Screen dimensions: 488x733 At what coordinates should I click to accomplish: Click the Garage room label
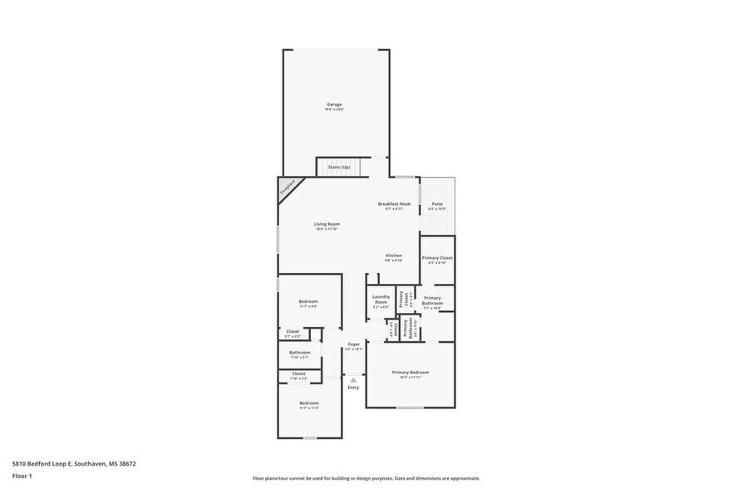[x=334, y=105]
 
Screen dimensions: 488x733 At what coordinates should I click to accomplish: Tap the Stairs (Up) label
[x=338, y=168]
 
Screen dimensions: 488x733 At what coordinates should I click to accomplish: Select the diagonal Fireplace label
[x=288, y=188]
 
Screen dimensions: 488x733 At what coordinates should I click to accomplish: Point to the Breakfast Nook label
[x=394, y=203]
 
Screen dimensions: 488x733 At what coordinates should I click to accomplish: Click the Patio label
[x=437, y=203]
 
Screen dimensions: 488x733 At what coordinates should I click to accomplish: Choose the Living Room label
[x=327, y=224]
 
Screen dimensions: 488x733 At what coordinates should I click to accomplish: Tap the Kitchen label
[x=394, y=256]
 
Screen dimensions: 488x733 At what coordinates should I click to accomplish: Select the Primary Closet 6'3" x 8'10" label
[x=437, y=258]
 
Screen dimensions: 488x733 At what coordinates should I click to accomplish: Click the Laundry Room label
[x=381, y=300]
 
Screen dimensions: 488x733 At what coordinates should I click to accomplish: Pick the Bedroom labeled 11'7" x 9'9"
[x=308, y=301]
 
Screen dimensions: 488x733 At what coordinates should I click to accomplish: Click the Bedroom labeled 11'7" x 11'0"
[x=308, y=404]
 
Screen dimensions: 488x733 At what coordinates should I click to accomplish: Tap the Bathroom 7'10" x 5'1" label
[x=300, y=353]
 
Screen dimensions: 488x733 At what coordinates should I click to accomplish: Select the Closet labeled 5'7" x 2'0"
[x=293, y=332]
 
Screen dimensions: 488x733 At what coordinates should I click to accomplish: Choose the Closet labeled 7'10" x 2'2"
[x=298, y=374]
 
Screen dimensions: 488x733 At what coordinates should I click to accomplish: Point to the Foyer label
[x=354, y=344]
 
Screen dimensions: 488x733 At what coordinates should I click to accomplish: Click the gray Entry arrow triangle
[x=353, y=380]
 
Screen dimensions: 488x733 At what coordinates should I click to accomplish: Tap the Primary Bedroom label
[x=411, y=373]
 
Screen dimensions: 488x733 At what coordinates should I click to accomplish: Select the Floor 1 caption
[x=22, y=476]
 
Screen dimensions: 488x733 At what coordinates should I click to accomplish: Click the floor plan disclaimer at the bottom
[x=366, y=478]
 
